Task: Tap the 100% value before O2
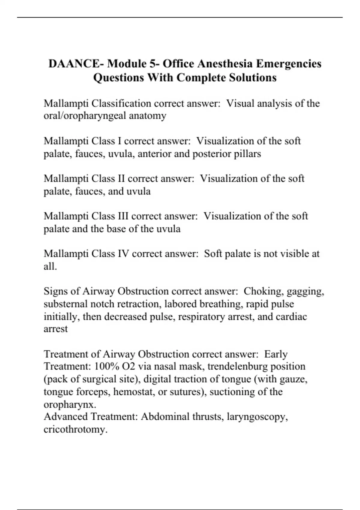(104, 367)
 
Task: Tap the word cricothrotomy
(75, 429)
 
